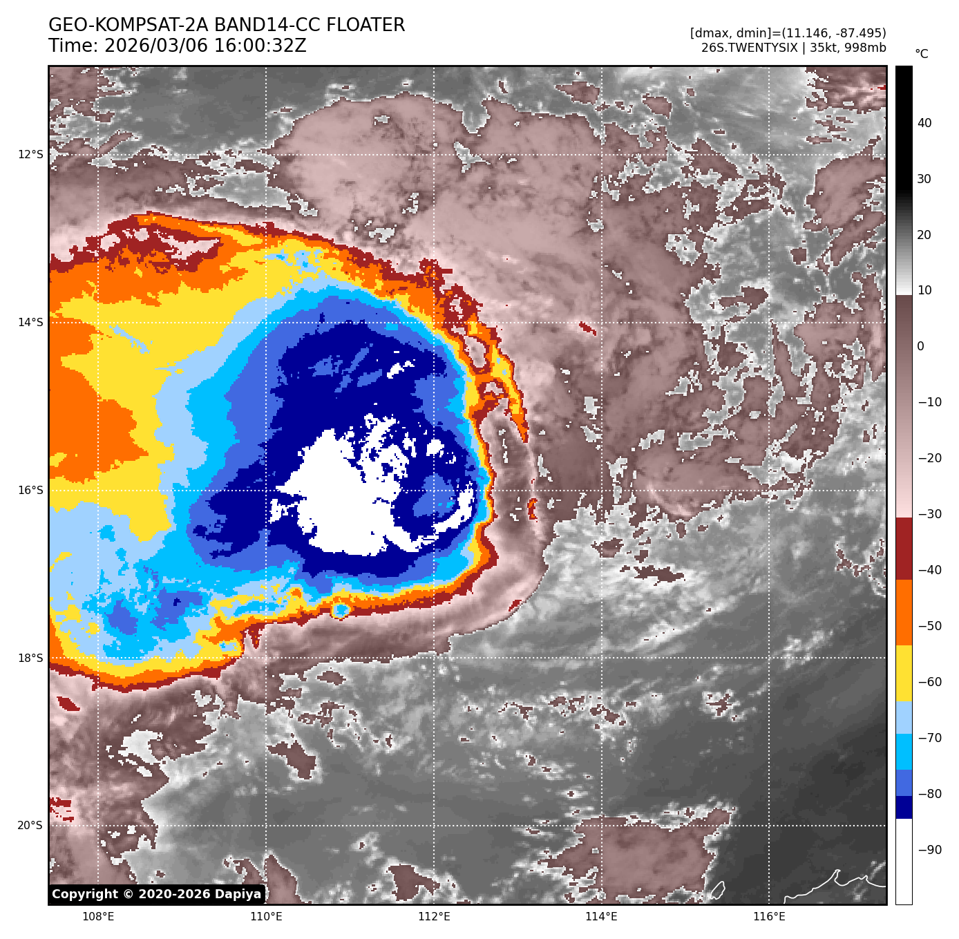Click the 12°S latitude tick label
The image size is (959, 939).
(x=30, y=154)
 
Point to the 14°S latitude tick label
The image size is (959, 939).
(x=30, y=322)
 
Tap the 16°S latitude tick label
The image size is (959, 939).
(x=30, y=490)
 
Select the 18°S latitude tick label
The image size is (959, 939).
(x=30, y=658)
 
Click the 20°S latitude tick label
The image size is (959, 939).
(x=30, y=826)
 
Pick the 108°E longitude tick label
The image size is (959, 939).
(x=98, y=917)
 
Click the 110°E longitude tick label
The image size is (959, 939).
(x=266, y=917)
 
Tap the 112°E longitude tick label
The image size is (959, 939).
(x=434, y=917)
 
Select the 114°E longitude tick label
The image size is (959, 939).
(x=601, y=917)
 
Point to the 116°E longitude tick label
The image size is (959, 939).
(x=769, y=917)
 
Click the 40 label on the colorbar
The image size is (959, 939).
(x=924, y=123)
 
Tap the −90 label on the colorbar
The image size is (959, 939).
(x=929, y=850)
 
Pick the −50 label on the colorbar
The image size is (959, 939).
(x=929, y=626)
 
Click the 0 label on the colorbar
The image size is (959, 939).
(x=920, y=346)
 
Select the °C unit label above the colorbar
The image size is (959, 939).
(x=922, y=54)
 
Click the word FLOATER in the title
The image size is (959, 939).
(x=365, y=26)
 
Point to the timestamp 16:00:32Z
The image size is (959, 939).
(x=205, y=46)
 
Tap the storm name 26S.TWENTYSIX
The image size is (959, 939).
(x=749, y=48)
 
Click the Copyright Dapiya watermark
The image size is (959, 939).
(x=157, y=894)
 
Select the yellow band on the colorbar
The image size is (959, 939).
(x=904, y=674)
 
